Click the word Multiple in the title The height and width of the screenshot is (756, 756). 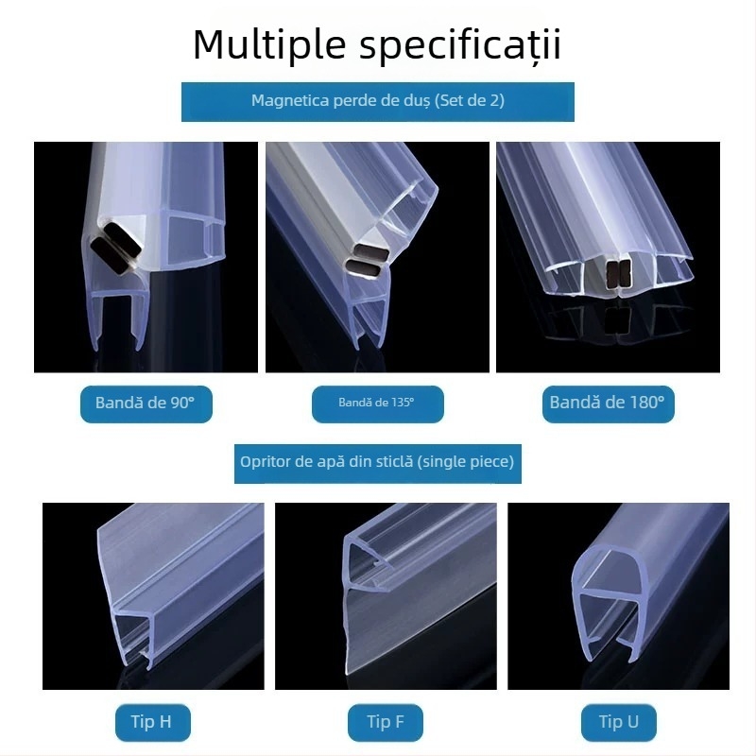[x=259, y=44]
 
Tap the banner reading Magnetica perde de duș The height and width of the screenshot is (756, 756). [x=377, y=101]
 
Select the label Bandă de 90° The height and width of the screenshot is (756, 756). [x=145, y=403]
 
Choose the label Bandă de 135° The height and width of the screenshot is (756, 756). [x=376, y=403]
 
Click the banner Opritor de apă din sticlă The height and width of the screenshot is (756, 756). [x=377, y=462]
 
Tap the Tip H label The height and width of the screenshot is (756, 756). [x=150, y=723]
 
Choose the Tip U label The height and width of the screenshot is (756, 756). [x=618, y=723]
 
